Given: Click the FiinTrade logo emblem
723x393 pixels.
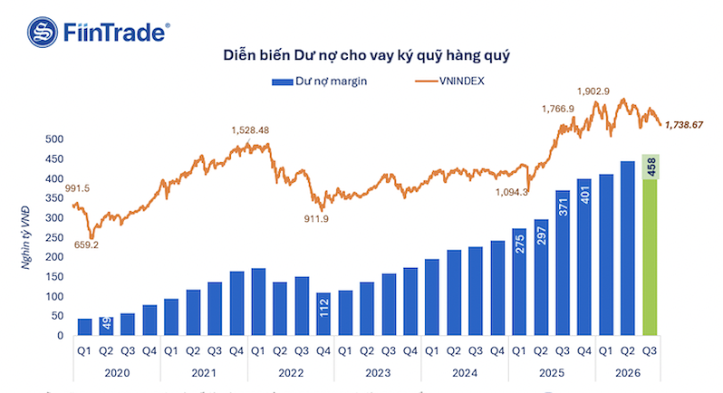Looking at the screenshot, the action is [x=43, y=33].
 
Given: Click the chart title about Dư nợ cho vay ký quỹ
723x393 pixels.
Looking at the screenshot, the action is [x=367, y=56].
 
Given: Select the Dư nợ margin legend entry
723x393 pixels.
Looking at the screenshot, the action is [x=319, y=81].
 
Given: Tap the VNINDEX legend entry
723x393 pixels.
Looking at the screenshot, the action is [x=449, y=81].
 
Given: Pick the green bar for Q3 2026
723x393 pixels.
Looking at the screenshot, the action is [x=650, y=244].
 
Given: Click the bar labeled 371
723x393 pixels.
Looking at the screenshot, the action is [x=563, y=263].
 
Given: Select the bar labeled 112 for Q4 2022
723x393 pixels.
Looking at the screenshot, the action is [x=323, y=313].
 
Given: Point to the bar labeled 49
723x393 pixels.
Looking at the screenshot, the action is [x=106, y=326].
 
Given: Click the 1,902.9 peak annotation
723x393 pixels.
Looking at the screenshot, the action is [x=593, y=91].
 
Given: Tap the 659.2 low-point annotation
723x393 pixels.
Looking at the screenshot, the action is [x=86, y=245].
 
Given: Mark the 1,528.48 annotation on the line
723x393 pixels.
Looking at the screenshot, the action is [x=250, y=130].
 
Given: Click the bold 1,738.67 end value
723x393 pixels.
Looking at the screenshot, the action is [x=684, y=125].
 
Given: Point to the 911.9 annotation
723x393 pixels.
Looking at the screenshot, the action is [x=316, y=219].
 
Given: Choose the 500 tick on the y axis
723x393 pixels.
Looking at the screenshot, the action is [x=54, y=139].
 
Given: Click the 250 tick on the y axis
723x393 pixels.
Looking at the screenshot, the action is [x=54, y=238].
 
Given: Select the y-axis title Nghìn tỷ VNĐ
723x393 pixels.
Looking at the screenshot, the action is [x=25, y=238].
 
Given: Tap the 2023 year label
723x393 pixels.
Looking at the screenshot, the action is [x=378, y=373].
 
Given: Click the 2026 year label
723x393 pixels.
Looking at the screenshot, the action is [x=628, y=373].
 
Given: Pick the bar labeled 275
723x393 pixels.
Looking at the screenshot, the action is [x=519, y=282].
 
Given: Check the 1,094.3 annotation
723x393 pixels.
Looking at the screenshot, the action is [x=511, y=192].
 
